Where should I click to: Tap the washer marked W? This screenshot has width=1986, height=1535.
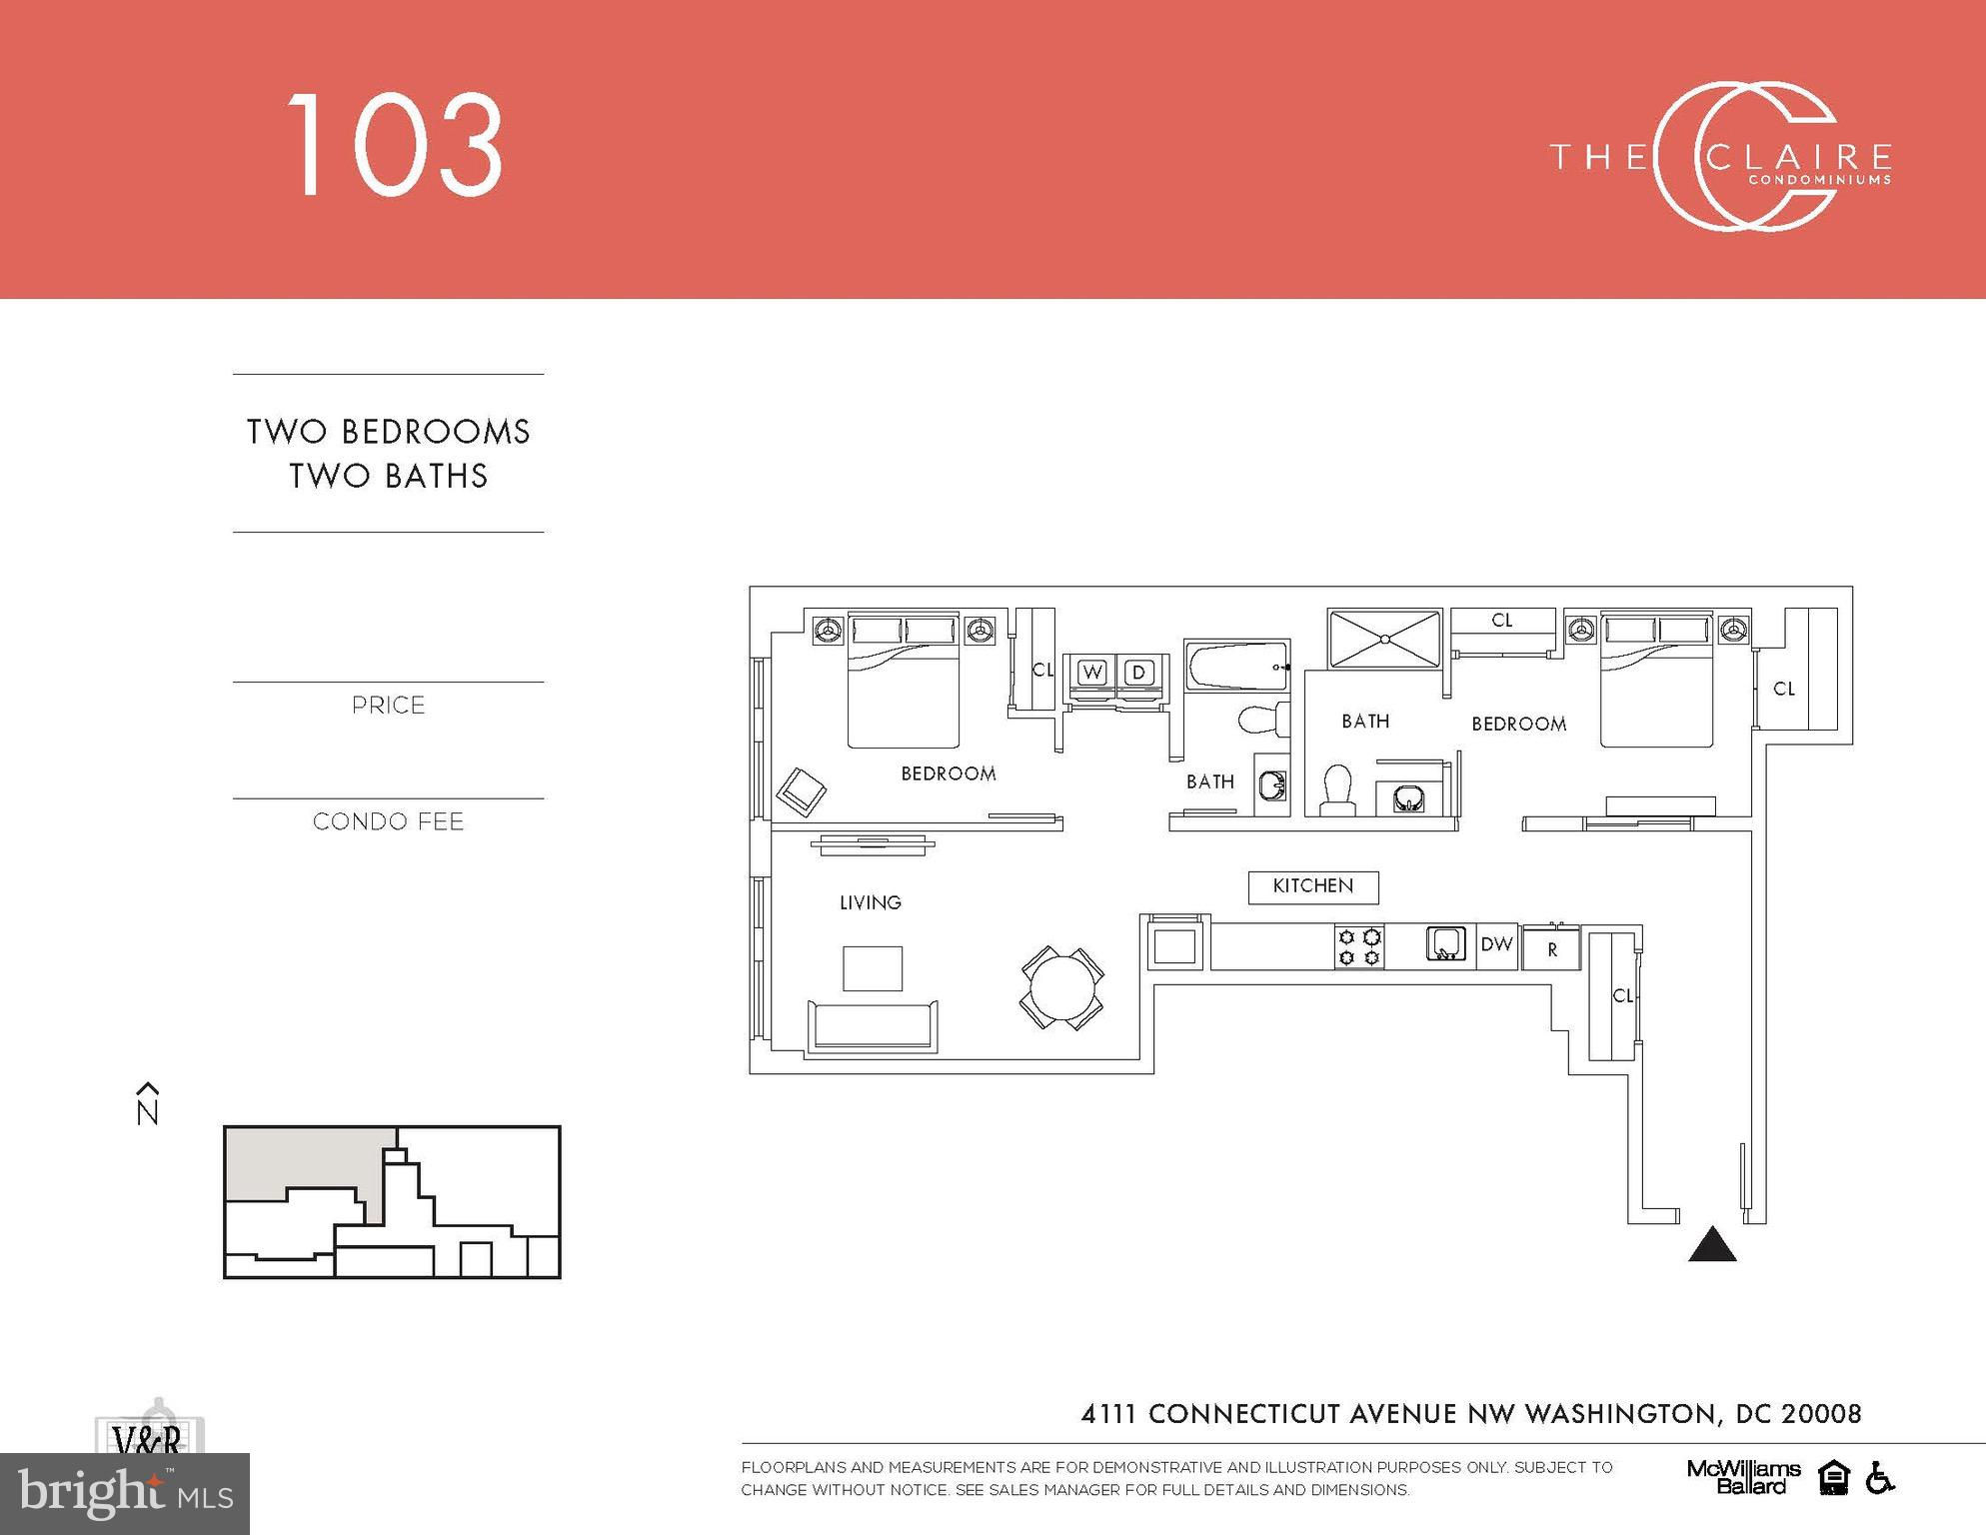coord(1091,673)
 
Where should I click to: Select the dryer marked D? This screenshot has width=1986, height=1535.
coord(1138,673)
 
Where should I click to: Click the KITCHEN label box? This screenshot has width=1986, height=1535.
coord(1313,886)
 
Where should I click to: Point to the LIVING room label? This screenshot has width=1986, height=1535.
coord(871,902)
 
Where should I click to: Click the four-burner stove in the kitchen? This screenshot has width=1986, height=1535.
coord(1359,946)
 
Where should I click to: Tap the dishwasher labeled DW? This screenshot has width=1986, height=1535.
coord(1496,945)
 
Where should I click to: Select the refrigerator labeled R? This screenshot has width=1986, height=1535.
coord(1551,949)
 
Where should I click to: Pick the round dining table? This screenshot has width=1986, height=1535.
coord(1062,988)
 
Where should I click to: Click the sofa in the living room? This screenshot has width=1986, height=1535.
coord(873,1025)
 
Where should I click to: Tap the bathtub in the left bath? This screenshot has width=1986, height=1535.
coord(1236,667)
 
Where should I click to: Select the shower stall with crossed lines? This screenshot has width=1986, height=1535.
coord(1384,639)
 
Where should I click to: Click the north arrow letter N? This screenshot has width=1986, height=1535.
coord(148,1112)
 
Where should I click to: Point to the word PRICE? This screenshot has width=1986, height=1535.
coord(389,706)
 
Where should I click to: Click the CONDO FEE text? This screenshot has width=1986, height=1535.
coord(389,821)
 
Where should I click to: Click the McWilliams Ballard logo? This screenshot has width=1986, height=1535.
coord(1744,1477)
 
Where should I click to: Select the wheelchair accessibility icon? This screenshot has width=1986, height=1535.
coord(1879,1477)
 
